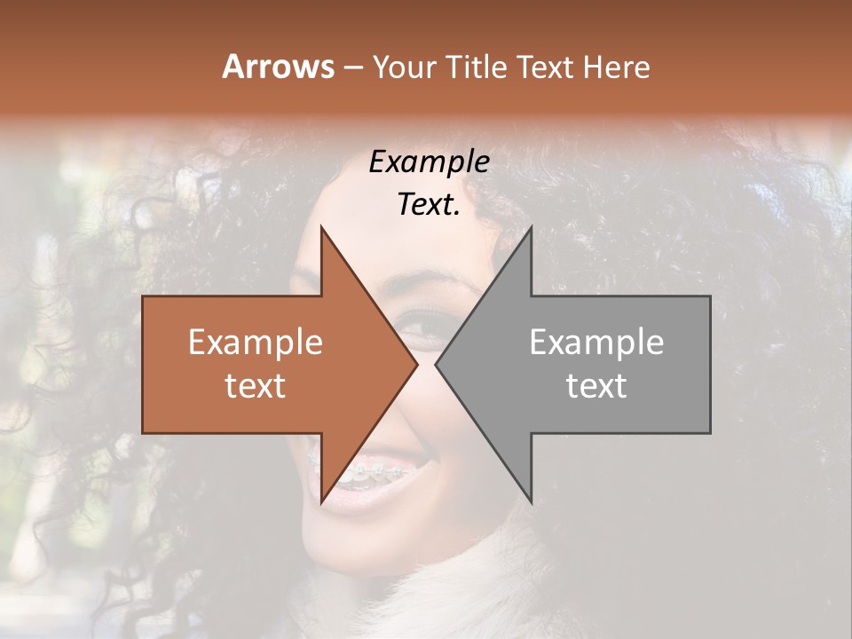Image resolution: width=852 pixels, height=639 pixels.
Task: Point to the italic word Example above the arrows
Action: [x=429, y=162]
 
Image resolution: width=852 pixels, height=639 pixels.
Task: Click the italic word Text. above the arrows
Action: [x=429, y=205]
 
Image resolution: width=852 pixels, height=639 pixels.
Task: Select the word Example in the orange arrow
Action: [x=256, y=343]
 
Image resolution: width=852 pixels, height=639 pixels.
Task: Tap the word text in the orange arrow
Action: [x=256, y=385]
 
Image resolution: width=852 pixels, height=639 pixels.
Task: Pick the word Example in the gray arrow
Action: [x=596, y=343]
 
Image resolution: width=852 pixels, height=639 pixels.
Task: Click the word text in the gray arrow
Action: [x=596, y=385]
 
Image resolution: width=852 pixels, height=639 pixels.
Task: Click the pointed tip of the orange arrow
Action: [x=416, y=365]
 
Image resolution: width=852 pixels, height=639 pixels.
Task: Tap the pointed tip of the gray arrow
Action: [x=437, y=365]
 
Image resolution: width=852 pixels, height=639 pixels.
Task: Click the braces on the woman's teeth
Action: [x=373, y=474]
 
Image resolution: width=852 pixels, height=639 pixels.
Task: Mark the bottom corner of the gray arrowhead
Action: [x=531, y=502]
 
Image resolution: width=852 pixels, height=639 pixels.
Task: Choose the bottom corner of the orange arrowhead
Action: [x=321, y=502]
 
